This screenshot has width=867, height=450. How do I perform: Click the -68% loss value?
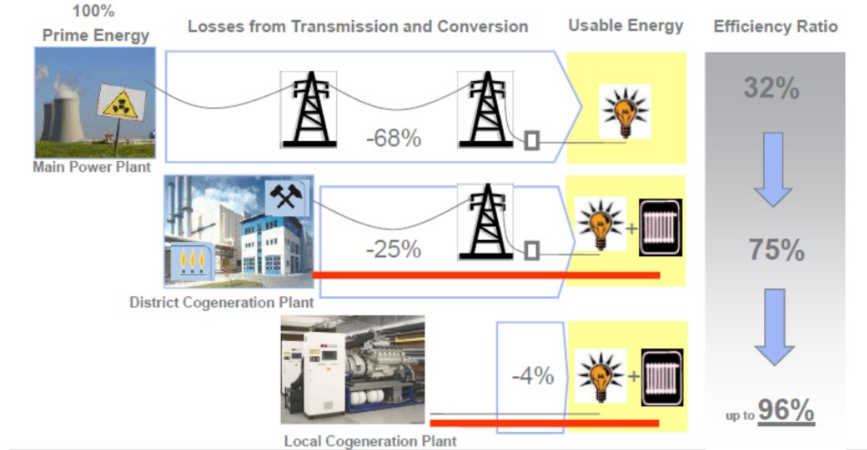tap(394, 138)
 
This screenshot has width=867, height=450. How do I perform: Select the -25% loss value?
tap(394, 249)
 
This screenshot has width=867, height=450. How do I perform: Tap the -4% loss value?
tap(533, 376)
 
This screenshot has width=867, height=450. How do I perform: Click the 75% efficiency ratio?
tap(776, 250)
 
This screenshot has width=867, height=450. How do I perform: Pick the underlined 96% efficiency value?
tap(786, 410)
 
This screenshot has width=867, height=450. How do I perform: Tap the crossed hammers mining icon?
tap(286, 196)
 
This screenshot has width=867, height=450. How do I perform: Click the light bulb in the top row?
tap(625, 111)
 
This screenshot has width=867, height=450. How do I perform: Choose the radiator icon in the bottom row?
tap(662, 377)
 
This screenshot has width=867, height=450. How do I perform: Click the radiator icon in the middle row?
tap(660, 227)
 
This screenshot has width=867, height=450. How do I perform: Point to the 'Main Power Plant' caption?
tap(91, 167)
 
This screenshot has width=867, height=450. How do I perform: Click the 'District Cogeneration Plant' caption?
tap(221, 302)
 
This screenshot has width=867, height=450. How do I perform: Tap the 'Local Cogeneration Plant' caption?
tap(370, 441)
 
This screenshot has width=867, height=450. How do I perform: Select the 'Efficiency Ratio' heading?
tap(775, 26)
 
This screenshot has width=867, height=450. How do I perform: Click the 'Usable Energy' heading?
tap(625, 26)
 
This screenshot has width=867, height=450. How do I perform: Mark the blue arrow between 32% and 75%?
tap(772, 170)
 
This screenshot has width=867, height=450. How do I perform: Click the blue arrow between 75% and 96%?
tap(774, 327)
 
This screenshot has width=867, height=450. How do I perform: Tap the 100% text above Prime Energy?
tap(94, 10)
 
